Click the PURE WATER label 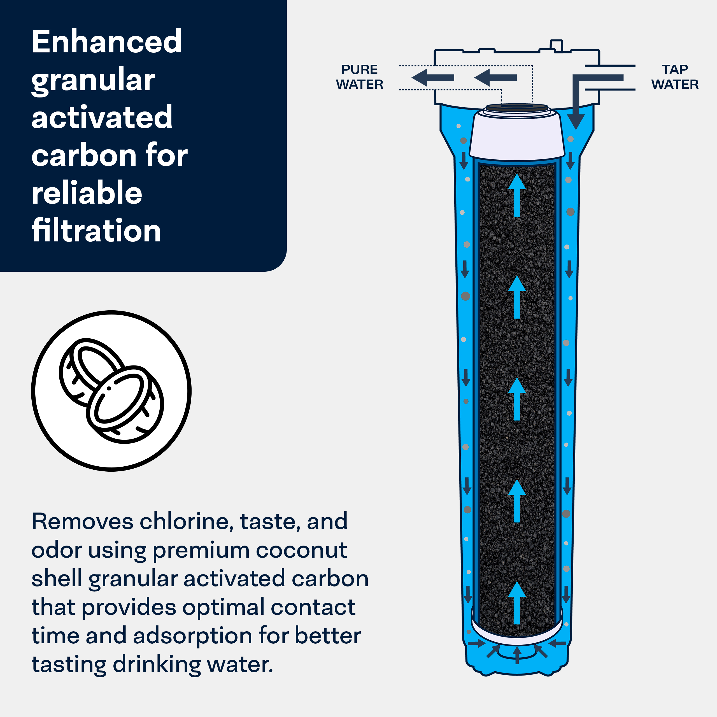359,77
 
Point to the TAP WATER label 675,77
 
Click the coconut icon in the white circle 111,391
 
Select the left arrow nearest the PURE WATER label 433,78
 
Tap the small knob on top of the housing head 556,45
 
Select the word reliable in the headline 87,193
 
